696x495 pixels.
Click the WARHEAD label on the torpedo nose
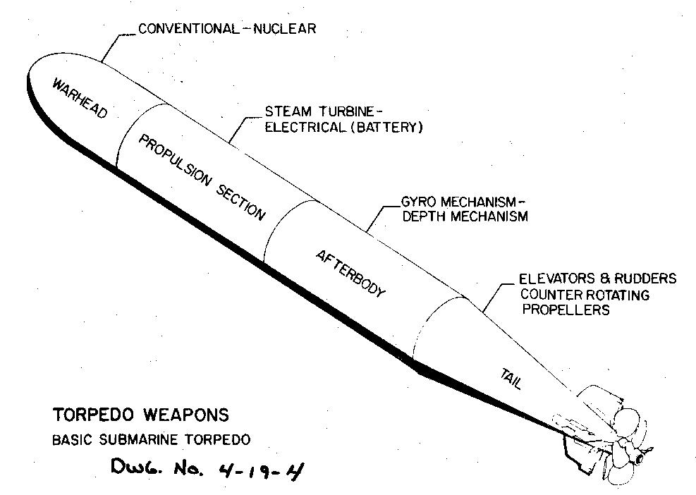(80, 99)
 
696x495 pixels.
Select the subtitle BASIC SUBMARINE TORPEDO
(152, 441)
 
